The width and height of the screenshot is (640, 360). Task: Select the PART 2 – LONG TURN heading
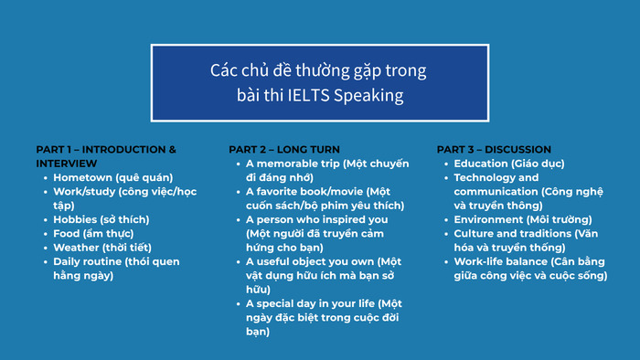point(283,149)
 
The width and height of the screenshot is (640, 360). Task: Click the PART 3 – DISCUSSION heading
point(494,149)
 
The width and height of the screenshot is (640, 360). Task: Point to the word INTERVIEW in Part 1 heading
point(67,163)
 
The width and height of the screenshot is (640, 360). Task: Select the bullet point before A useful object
point(237,261)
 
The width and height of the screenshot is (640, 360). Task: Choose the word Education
point(482,164)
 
